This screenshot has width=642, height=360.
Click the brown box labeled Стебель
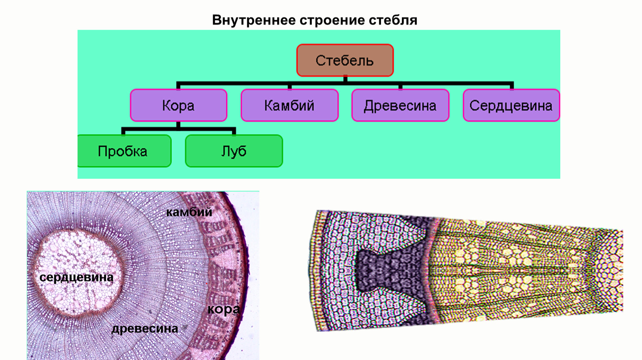pos(345,60)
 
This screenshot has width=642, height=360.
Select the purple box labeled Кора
pos(178,105)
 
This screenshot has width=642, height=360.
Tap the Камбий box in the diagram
pos(289,105)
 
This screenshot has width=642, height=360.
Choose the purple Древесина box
pos(400,105)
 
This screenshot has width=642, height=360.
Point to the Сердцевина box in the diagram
pos(511,105)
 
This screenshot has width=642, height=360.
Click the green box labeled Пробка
pos(123,151)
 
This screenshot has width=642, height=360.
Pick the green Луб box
pos(234,151)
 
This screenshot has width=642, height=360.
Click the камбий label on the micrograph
pos(189,212)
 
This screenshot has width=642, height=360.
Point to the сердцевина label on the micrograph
pos(76,277)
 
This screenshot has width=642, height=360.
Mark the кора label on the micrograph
pos(223,309)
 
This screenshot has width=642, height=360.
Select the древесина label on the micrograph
pos(145,329)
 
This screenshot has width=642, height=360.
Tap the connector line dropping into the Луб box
pos(234,131)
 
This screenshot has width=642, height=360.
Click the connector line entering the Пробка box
pos(123,131)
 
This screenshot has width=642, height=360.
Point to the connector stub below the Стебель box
pos(345,79)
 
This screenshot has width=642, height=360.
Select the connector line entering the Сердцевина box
pos(512,86)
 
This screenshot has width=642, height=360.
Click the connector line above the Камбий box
pos(290,86)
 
